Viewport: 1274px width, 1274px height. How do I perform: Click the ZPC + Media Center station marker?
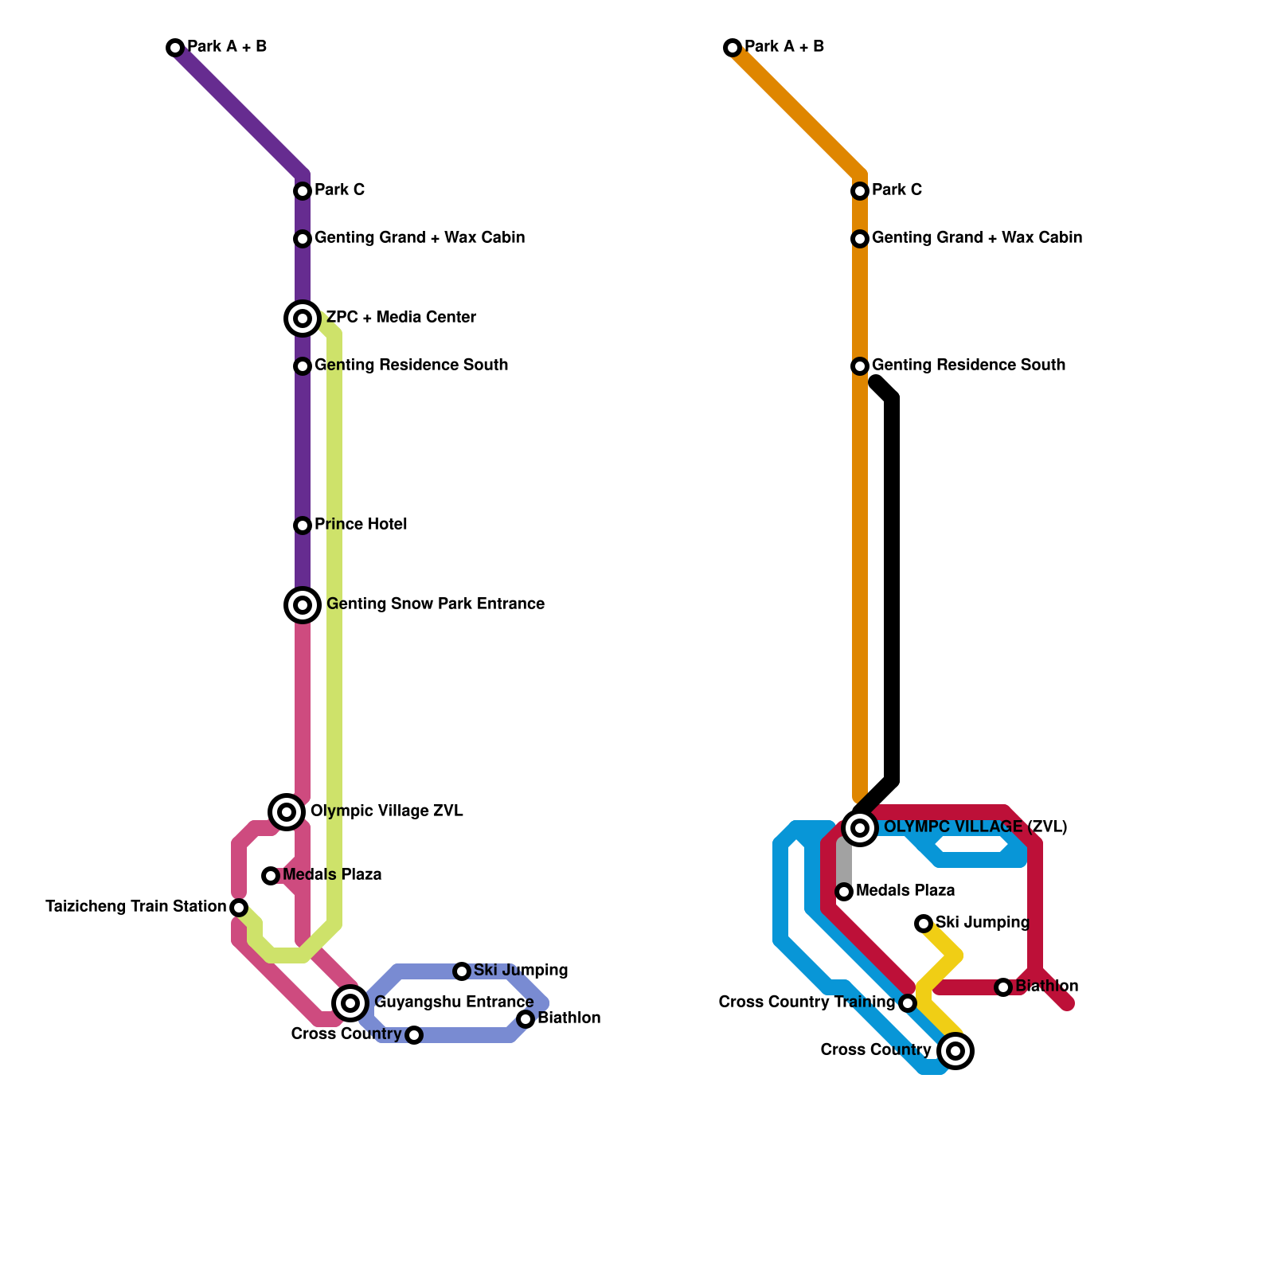[303, 318]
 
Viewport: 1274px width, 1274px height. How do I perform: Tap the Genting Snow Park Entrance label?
[435, 604]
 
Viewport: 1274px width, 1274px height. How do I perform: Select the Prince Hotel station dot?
[303, 526]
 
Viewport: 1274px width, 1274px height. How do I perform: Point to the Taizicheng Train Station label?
[135, 907]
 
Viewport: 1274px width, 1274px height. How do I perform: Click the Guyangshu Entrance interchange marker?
[350, 1002]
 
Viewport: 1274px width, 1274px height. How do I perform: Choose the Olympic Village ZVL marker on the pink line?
[287, 812]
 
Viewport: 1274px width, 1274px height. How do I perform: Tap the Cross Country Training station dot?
[908, 1003]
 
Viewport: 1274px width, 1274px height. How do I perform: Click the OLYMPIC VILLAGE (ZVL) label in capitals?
[975, 827]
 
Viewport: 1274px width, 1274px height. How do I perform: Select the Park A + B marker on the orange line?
[733, 48]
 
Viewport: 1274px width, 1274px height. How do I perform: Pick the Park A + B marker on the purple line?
[175, 48]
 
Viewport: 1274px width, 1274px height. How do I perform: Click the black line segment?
[893, 589]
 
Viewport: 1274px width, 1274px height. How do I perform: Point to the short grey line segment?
[844, 864]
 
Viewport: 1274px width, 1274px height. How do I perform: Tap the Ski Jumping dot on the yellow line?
[924, 924]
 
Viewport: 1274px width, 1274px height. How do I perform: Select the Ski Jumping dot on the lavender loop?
[462, 971]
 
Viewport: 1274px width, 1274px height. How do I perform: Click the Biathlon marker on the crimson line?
[1003, 987]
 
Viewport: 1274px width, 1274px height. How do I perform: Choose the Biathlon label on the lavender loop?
[569, 1018]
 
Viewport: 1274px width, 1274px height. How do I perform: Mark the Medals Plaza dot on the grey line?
[844, 892]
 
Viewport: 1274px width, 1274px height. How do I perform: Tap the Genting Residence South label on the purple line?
[411, 365]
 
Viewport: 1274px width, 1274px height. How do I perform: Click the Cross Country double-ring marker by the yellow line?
[955, 1051]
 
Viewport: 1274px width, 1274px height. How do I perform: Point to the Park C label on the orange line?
[897, 190]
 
